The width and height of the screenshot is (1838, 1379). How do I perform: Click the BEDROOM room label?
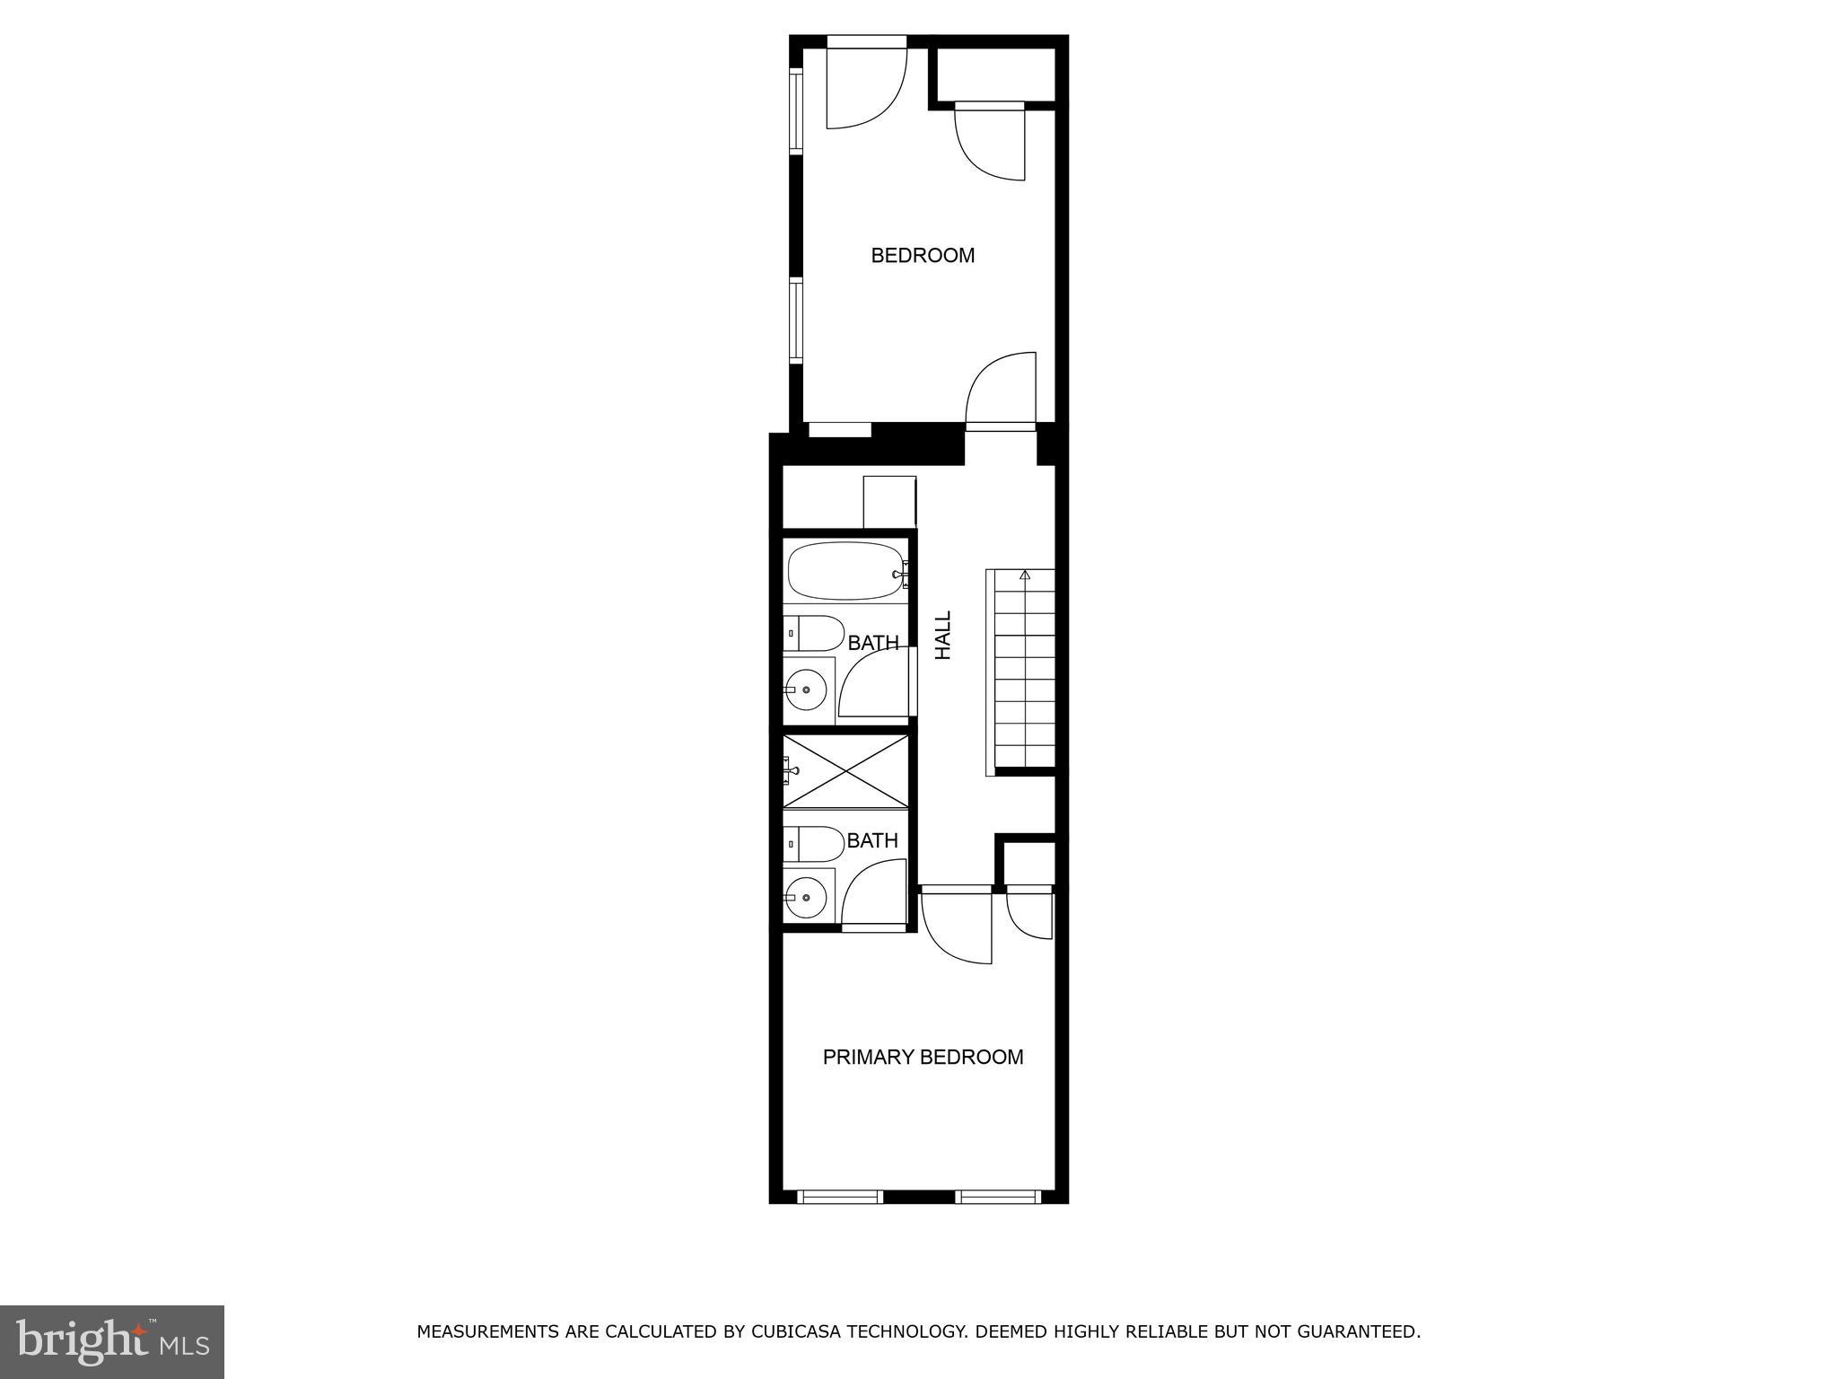pos(923,256)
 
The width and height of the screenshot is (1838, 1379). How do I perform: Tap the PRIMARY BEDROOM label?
pos(923,1058)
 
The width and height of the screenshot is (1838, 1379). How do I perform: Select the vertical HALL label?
pos(943,636)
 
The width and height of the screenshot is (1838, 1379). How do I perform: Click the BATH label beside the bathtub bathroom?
pos(873,643)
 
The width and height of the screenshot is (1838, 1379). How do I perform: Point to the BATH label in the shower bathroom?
pos(872,840)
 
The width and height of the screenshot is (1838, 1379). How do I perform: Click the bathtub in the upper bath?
pos(845,571)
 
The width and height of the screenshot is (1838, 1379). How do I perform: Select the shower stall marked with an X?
pos(845,771)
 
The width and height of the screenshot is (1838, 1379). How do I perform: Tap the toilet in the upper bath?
pos(815,634)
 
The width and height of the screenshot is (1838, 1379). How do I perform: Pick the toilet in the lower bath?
pos(815,844)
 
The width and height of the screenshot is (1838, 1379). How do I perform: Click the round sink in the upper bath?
pos(807,689)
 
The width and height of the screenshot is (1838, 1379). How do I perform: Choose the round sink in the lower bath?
pos(807,896)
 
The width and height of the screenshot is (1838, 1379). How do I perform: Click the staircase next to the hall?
pos(1024,671)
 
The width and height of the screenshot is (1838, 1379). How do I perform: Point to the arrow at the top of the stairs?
pos(1025,574)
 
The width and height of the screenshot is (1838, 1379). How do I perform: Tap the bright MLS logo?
pos(112,1341)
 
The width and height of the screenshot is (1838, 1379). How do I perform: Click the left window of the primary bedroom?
pos(840,1197)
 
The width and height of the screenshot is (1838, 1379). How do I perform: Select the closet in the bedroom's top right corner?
pos(994,74)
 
